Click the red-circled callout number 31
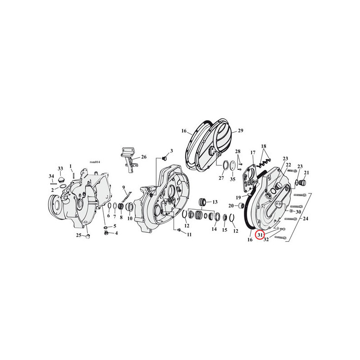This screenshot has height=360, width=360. tap(260, 235)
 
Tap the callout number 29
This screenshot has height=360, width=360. tap(240, 130)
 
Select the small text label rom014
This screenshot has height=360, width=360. tap(95, 162)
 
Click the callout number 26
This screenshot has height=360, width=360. tap(144, 157)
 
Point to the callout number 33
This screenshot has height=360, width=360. tap(60, 168)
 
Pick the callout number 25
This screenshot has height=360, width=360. tap(79, 235)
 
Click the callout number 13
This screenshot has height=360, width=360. tap(215, 202)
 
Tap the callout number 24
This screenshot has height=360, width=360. tap(306, 219)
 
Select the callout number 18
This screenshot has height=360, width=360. tap(264, 146)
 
